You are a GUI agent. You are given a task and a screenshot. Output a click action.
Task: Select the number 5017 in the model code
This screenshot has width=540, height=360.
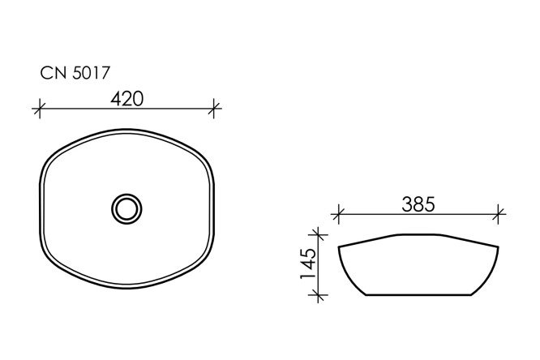click(x=85, y=74)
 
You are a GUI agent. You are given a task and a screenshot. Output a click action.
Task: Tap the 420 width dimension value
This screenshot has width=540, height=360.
click(x=126, y=99)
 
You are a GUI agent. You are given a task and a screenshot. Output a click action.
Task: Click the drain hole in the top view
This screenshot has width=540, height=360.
click(x=126, y=208)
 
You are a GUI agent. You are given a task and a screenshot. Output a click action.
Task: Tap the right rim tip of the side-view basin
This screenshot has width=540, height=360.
click(x=497, y=245)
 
